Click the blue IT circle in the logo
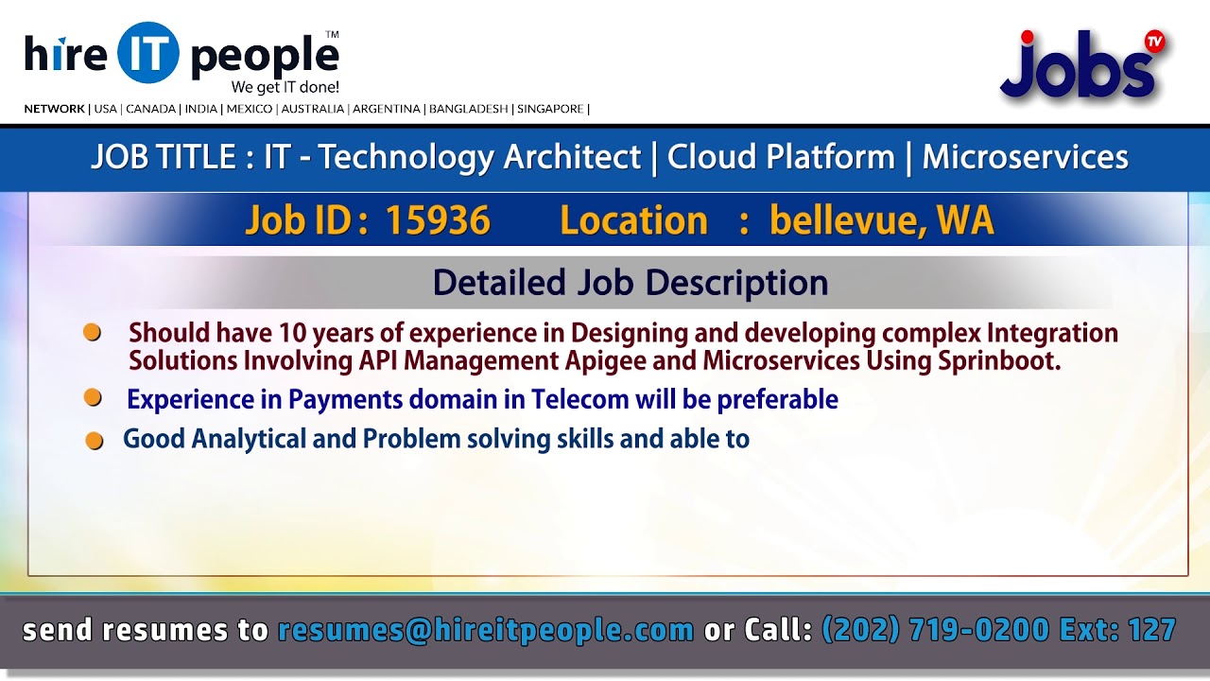tap(148, 53)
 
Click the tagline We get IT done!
tap(285, 87)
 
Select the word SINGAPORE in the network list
tap(550, 109)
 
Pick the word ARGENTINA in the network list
tap(387, 109)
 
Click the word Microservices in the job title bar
tap(1025, 157)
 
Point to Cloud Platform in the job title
tap(781, 157)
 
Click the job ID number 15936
tap(438, 221)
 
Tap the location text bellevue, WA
tap(881, 221)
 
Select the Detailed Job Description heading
tap(631, 283)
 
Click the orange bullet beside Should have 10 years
tap(93, 333)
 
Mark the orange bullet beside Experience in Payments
tap(93, 398)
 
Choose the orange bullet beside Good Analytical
tap(95, 441)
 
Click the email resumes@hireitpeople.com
tap(486, 630)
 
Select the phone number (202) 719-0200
tap(935, 630)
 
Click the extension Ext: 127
tap(1117, 630)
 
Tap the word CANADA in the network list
tap(151, 109)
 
